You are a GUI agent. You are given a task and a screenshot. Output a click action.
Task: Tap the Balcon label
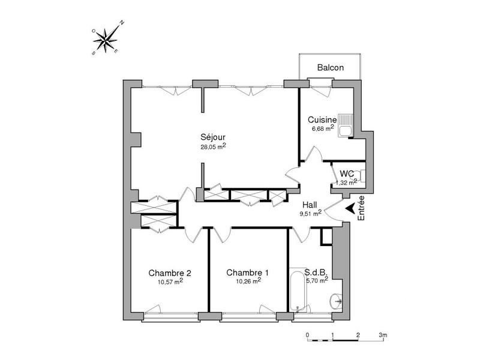coord(330,68)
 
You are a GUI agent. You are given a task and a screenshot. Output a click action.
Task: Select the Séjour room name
coord(212,136)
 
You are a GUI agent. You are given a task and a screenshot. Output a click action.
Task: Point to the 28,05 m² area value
coord(213,146)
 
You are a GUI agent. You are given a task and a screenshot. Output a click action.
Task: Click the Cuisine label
coord(323,119)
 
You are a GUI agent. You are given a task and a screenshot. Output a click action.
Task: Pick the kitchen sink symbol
coord(346,125)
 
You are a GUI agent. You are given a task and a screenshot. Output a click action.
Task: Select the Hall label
coord(311,203)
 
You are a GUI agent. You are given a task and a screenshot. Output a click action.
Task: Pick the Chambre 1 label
coord(247,272)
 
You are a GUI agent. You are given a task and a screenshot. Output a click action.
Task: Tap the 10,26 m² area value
coord(247,281)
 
